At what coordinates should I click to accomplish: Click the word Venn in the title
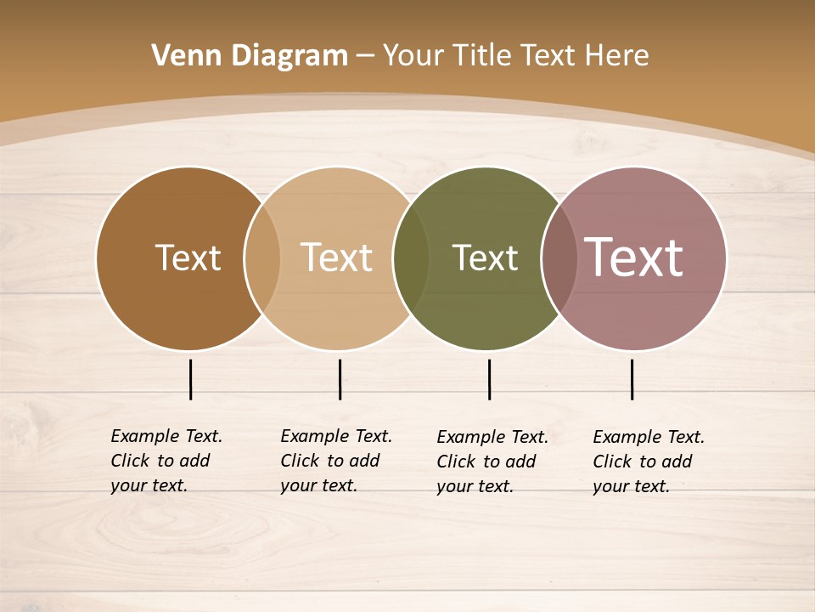179,56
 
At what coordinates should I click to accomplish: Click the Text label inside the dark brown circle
188,258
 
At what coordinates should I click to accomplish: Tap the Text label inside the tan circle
336,258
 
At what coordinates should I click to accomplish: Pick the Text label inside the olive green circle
485,258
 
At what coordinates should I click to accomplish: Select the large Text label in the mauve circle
633,258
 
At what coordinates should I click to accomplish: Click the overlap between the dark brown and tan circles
262,258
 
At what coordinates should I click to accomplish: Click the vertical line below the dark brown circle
190,379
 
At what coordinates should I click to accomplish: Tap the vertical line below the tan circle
340,379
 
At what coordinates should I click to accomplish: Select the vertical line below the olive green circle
489,379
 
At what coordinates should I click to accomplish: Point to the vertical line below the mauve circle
632,379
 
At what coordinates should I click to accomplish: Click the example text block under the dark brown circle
166,461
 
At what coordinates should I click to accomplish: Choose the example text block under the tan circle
335,461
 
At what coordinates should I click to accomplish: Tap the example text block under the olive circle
492,462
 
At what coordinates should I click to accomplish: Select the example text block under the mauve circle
648,462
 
